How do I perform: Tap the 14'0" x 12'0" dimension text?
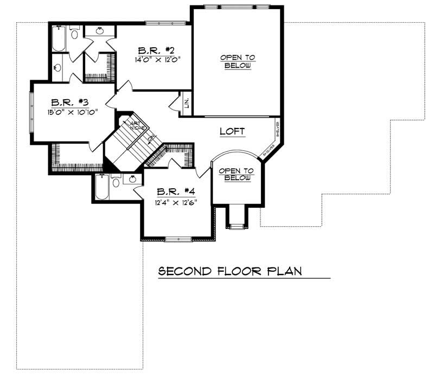pyautogui.click(x=157, y=60)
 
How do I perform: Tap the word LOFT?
pyautogui.click(x=232, y=131)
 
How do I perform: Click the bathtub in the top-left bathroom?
pyautogui.click(x=59, y=38)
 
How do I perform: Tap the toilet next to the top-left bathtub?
pyautogui.click(x=75, y=33)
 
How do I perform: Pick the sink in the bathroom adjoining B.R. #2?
pyautogui.click(x=99, y=31)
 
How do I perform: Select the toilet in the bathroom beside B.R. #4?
pyautogui.click(x=116, y=182)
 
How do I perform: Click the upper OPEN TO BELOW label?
pyautogui.click(x=237, y=61)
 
